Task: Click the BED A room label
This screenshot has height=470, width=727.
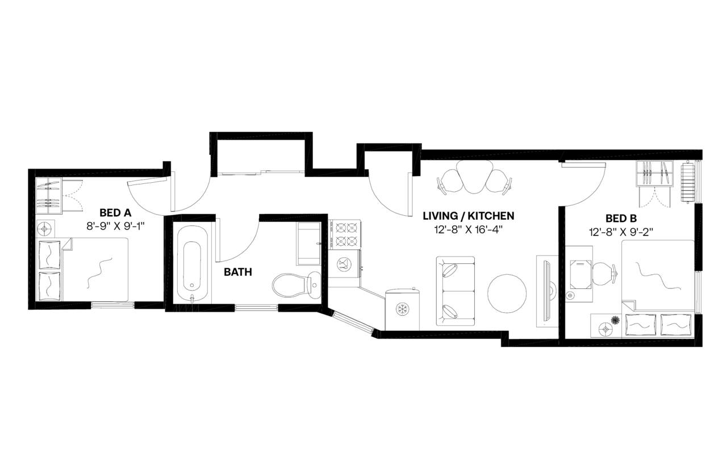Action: tap(115, 213)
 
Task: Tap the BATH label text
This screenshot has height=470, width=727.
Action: tap(238, 272)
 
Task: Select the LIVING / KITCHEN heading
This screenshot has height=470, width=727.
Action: tap(469, 216)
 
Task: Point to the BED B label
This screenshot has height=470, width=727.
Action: tap(620, 218)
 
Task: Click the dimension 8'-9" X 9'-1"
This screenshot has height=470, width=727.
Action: tap(115, 225)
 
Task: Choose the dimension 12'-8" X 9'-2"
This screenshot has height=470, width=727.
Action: tap(620, 232)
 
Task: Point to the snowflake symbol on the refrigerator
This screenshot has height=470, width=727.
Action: tap(402, 310)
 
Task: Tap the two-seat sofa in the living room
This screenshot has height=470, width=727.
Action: tap(455, 291)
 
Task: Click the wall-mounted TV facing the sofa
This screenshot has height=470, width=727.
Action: tap(545, 291)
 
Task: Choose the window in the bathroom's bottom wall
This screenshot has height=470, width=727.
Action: tap(256, 308)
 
